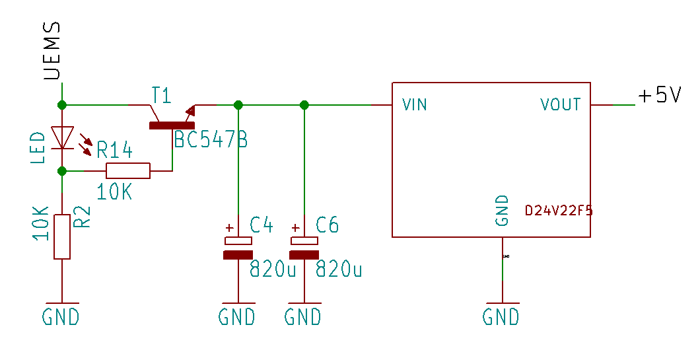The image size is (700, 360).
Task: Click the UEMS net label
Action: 52,51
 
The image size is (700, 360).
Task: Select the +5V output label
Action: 659,96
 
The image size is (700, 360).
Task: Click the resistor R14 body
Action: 128,170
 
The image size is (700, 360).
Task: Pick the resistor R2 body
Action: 62,236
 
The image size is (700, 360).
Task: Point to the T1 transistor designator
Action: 161,95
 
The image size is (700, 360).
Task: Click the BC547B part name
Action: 211,139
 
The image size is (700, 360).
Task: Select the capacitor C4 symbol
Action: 238,246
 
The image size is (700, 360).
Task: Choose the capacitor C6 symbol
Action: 304,246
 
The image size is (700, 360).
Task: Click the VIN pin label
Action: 415,104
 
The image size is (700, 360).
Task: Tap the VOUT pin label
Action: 561,104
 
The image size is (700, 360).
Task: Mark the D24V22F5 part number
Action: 559,211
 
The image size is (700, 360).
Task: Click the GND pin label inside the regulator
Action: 502,211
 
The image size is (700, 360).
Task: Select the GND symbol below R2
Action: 61,316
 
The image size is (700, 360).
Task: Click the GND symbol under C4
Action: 237,316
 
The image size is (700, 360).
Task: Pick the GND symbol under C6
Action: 304,316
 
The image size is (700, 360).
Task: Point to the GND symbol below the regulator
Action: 501,316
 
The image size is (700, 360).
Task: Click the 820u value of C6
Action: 339,269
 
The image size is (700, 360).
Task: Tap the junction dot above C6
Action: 304,105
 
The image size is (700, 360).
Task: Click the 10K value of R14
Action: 115,193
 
